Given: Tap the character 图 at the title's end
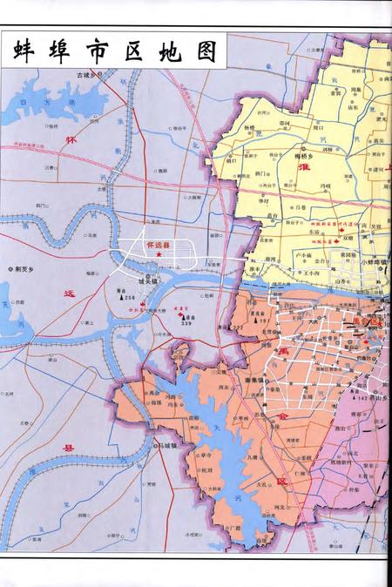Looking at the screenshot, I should [x=206, y=51].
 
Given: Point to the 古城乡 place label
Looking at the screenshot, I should [x=87, y=76].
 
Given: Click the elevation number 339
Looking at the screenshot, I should [x=186, y=325].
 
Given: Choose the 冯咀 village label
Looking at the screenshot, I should [x=326, y=185].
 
